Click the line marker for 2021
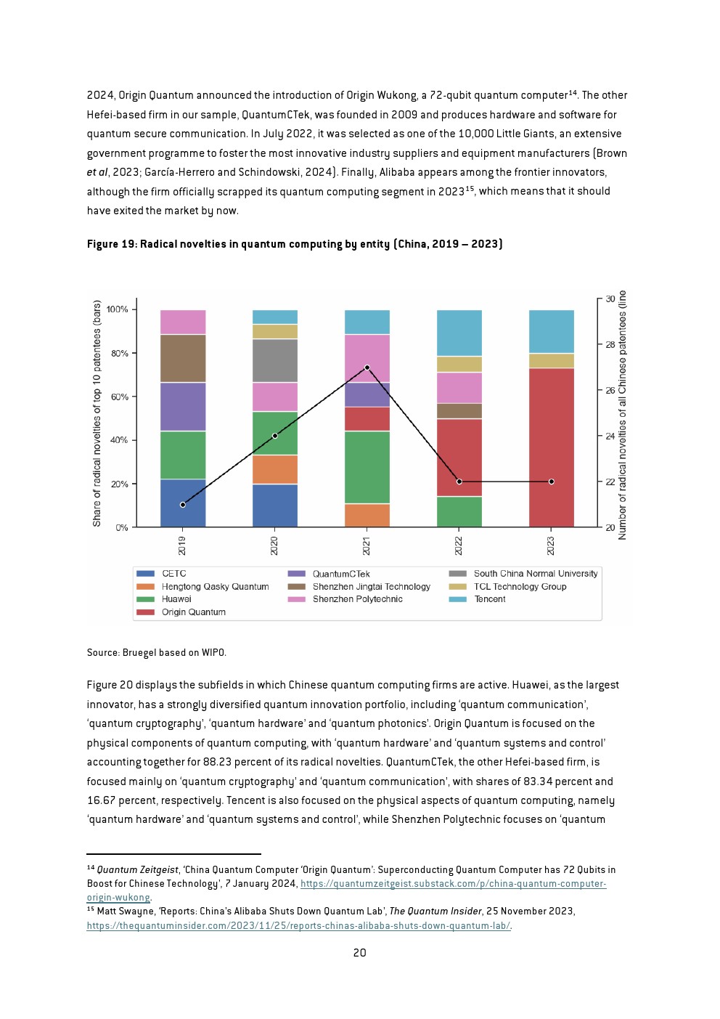pyautogui.click(x=367, y=368)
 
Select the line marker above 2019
pyautogui.click(x=183, y=505)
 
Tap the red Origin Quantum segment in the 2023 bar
pyautogui.click(x=552, y=447)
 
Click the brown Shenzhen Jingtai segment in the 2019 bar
pyautogui.click(x=183, y=359)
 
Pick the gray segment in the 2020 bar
pyautogui.click(x=275, y=361)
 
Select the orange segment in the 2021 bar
pyautogui.click(x=367, y=516)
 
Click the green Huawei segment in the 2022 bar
pyautogui.click(x=459, y=512)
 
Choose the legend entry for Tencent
pyautogui.click(x=478, y=599)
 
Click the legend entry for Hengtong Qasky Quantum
pyautogui.click(x=202, y=586)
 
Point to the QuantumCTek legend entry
pyautogui.click(x=329, y=574)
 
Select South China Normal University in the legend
pyautogui.click(x=523, y=574)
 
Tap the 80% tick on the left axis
pyautogui.click(x=120, y=353)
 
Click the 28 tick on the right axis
pyautogui.click(x=607, y=344)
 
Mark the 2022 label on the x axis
pyautogui.click(x=459, y=545)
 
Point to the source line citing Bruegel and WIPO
pyautogui.click(x=156, y=652)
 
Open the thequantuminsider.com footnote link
pyautogui.click(x=298, y=926)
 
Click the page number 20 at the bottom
pyautogui.click(x=359, y=953)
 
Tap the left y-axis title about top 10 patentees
pyautogui.click(x=97, y=413)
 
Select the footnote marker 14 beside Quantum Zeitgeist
pyautogui.click(x=91, y=867)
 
